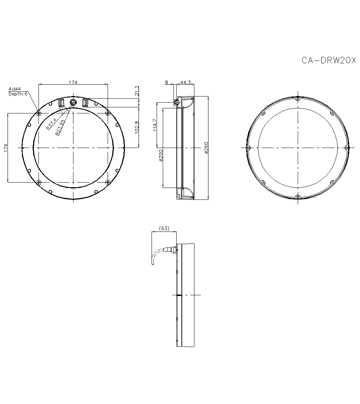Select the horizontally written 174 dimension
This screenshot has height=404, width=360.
click(x=73, y=82)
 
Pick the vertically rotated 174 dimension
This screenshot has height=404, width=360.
click(x=5, y=148)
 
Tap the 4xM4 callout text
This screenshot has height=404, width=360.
click(x=15, y=89)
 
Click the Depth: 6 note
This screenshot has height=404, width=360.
click(x=18, y=94)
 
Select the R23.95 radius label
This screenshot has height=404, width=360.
click(x=60, y=127)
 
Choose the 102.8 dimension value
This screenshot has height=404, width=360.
click(x=137, y=127)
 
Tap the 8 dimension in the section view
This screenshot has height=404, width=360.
click(x=166, y=82)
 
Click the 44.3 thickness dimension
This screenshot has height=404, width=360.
click(x=185, y=82)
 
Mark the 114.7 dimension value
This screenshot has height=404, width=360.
click(x=154, y=125)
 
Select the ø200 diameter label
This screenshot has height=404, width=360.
click(x=161, y=155)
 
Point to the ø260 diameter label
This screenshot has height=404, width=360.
click(x=206, y=148)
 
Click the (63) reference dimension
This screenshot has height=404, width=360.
click(x=164, y=228)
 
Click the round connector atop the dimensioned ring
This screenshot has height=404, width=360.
click(x=73, y=103)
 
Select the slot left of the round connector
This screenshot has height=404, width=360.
click(x=61, y=103)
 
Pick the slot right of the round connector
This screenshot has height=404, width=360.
click(x=85, y=103)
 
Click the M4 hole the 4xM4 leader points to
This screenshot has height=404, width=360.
click(x=38, y=113)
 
